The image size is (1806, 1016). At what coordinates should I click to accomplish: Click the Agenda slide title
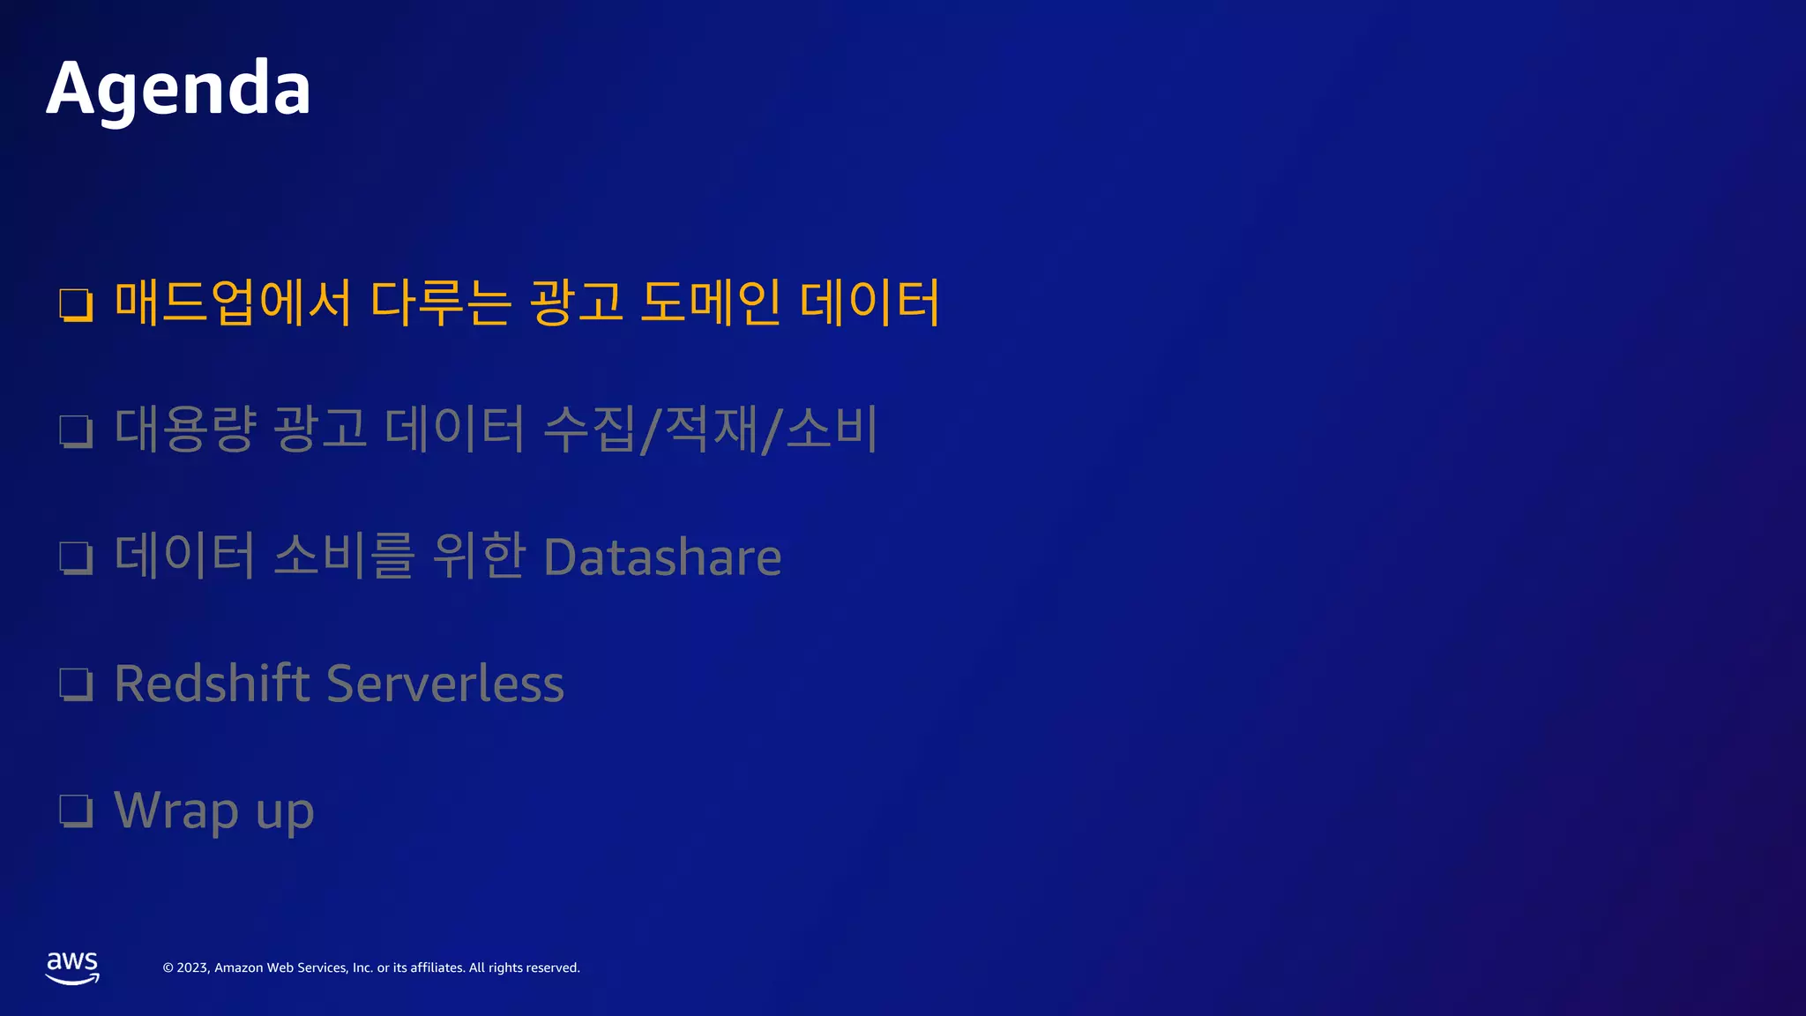178,88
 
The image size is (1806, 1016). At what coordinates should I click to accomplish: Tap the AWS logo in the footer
72,967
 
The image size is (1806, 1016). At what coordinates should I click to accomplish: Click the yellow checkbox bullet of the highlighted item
76,305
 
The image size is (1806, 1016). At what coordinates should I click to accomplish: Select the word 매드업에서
233,303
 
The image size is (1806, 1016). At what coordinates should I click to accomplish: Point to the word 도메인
710,303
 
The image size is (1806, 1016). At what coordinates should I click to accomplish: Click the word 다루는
440,303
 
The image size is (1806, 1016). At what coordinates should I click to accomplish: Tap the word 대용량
185,430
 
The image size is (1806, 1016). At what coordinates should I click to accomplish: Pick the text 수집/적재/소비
710,430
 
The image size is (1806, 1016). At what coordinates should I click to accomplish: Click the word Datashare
662,557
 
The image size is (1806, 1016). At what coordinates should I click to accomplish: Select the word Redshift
212,684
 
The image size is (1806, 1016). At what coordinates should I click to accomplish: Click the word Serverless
445,684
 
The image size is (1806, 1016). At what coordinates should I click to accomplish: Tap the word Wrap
176,811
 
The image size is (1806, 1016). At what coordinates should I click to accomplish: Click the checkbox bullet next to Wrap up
76,811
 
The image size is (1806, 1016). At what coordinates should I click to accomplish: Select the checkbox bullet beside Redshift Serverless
76,684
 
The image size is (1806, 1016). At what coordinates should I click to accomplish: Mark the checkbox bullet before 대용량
76,431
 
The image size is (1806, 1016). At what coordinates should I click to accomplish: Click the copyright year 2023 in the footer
192,967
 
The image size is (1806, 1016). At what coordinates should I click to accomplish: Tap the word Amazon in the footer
239,967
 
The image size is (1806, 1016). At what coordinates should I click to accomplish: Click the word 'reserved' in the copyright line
550,967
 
